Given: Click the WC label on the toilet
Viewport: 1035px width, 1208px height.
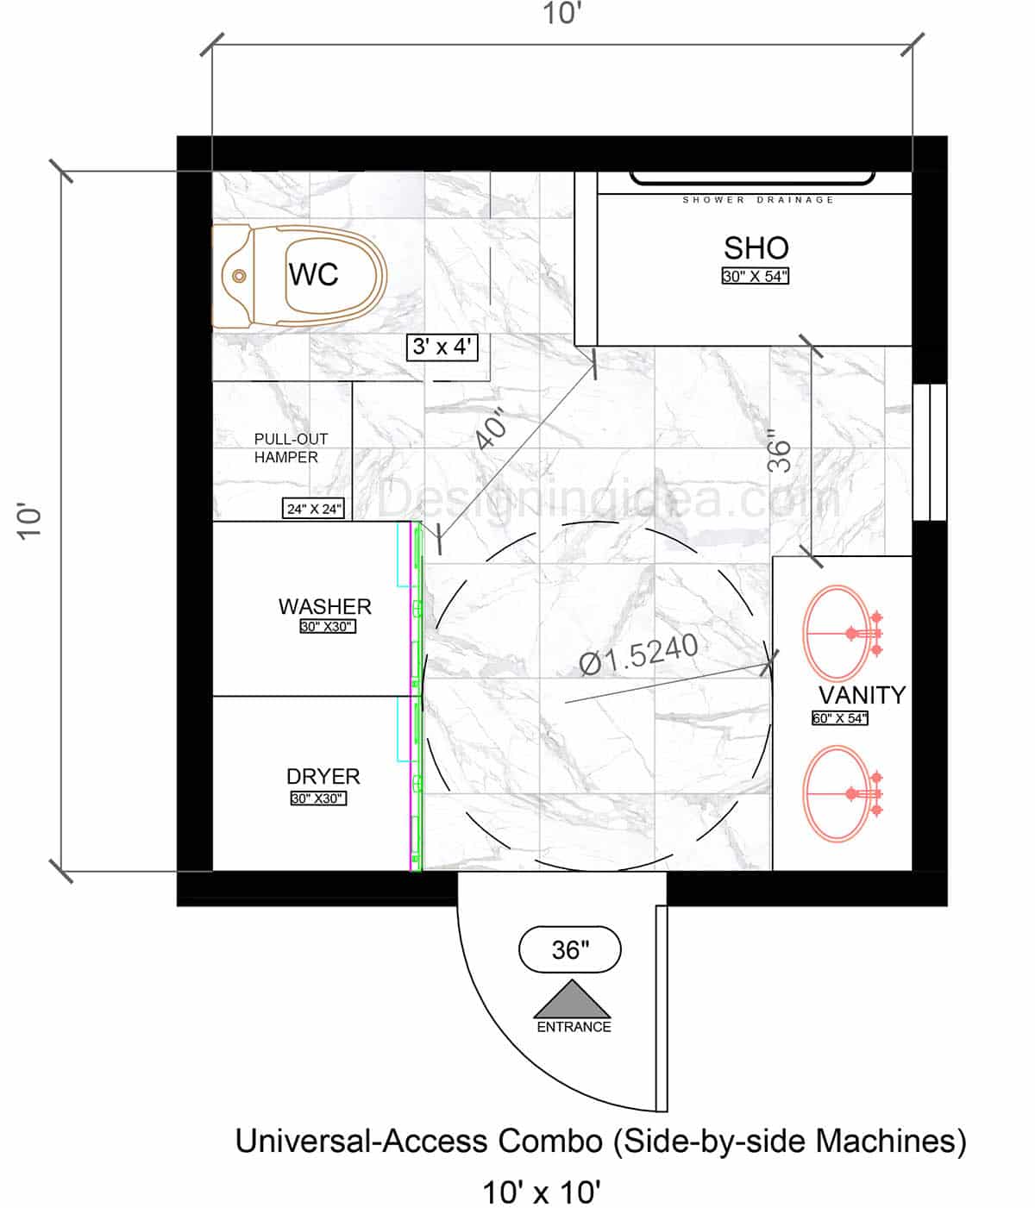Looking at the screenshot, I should click(x=313, y=274).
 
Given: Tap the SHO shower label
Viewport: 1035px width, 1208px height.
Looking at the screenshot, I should click(x=756, y=248).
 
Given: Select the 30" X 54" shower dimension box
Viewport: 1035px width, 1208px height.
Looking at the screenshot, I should click(x=756, y=277).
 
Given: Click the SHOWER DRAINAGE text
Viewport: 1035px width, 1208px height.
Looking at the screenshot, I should click(x=758, y=200).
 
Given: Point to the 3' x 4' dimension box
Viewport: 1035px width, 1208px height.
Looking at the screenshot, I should click(x=442, y=347).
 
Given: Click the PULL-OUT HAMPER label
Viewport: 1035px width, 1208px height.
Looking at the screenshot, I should click(x=290, y=448).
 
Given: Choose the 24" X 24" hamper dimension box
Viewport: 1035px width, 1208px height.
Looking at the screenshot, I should click(x=315, y=509).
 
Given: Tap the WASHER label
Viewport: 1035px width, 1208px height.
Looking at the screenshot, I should click(x=324, y=606).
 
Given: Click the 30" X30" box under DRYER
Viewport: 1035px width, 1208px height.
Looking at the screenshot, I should click(x=318, y=798).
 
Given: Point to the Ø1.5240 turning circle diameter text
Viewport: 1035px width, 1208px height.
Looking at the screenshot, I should click(x=639, y=654).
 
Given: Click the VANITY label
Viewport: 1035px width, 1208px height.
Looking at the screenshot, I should click(x=862, y=695).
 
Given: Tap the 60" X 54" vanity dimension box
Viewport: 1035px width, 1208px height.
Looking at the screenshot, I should click(x=839, y=717).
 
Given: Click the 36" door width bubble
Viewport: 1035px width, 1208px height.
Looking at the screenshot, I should click(x=570, y=949).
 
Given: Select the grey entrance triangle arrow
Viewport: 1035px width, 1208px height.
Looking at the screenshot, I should click(x=572, y=1000).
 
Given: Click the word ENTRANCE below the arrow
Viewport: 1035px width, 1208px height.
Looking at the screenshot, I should click(x=574, y=1027).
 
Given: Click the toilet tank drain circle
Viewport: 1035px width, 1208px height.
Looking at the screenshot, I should click(x=239, y=276).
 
